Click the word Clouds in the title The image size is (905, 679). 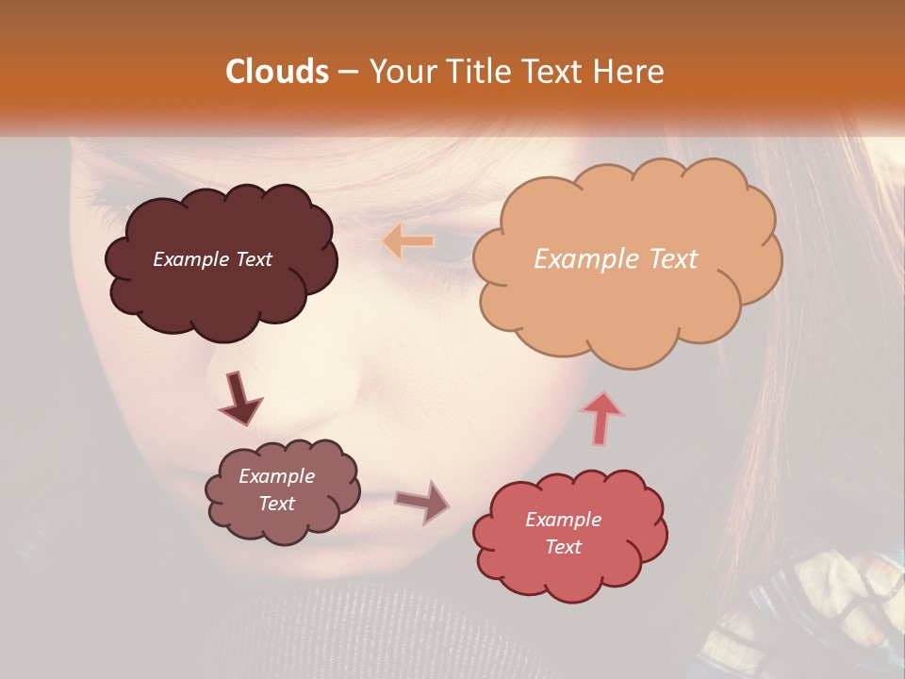pyautogui.click(x=277, y=72)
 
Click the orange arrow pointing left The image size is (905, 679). pyautogui.click(x=408, y=241)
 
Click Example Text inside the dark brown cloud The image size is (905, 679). pyautogui.click(x=212, y=259)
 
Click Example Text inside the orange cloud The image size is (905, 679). pyautogui.click(x=616, y=259)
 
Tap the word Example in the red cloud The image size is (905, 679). pyautogui.click(x=563, y=520)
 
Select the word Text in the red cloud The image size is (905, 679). pyautogui.click(x=563, y=547)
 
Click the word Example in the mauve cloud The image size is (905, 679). pyautogui.click(x=276, y=476)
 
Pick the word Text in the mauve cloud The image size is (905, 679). pyautogui.click(x=276, y=504)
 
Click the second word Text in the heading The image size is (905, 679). pyautogui.click(x=555, y=72)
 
